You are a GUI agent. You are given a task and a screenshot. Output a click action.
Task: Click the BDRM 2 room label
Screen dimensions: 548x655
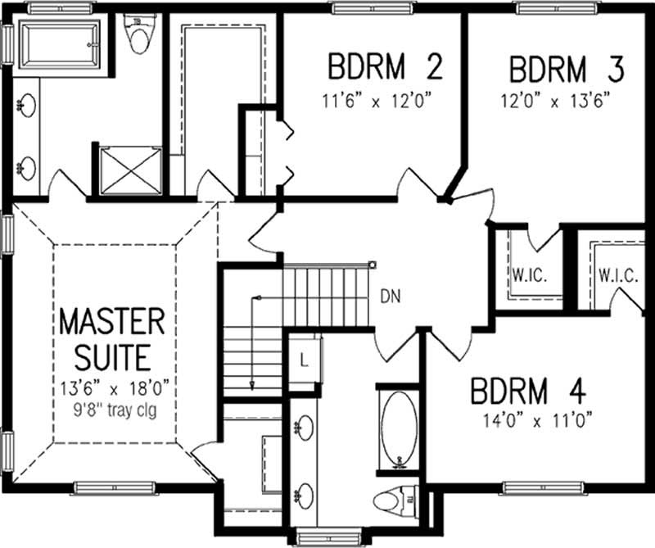[385, 67]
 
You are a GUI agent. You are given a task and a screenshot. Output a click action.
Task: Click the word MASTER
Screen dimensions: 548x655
[112, 321]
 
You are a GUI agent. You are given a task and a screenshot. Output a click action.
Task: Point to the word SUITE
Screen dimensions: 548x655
[112, 357]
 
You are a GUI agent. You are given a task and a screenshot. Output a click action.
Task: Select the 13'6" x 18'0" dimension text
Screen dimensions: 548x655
[112, 386]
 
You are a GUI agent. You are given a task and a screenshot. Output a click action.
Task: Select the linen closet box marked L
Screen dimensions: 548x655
[304, 359]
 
